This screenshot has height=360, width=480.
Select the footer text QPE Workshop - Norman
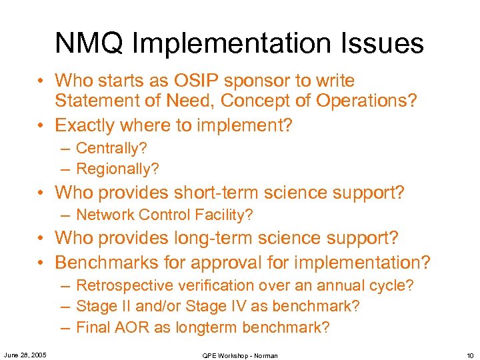[240, 355]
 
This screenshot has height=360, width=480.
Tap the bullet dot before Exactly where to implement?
[42, 125]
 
